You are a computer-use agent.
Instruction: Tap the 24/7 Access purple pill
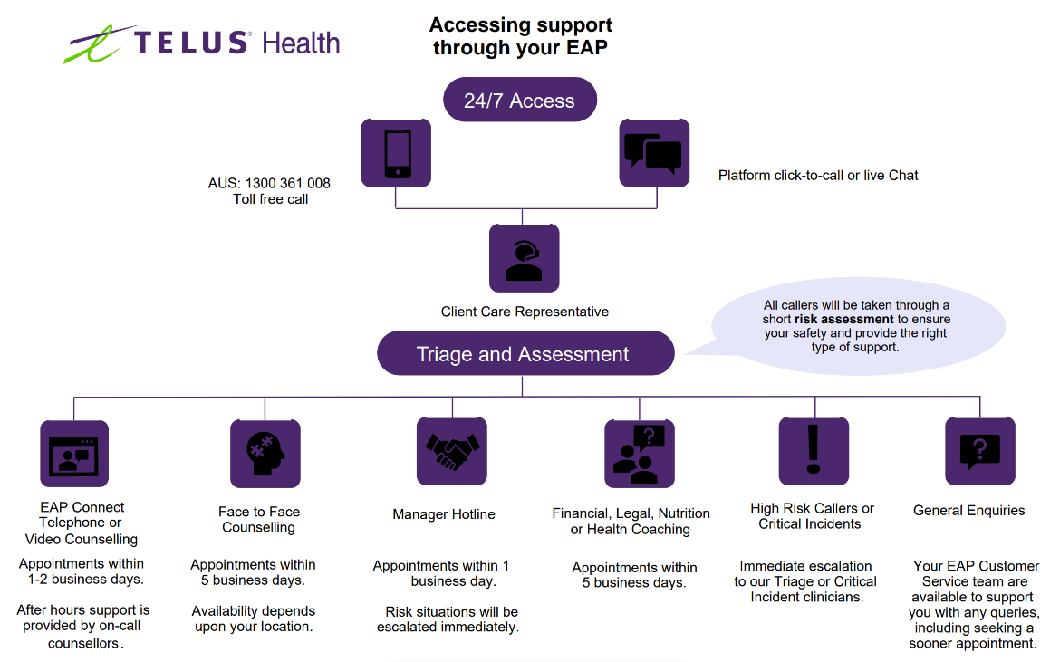point(519,100)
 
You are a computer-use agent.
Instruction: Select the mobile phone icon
point(396,153)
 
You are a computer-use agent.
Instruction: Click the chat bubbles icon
point(654,153)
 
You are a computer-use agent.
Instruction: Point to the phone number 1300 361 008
point(287,183)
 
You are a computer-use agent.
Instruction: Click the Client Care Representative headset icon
point(524,258)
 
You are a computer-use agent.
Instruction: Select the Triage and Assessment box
point(525,353)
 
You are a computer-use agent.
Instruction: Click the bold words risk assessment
point(843,319)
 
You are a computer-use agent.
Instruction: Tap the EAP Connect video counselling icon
point(74,454)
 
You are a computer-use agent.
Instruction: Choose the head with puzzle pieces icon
point(265,454)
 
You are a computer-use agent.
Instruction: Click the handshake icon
point(452,451)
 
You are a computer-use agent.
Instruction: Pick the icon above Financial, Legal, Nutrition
point(640,454)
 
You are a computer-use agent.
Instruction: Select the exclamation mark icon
point(814,451)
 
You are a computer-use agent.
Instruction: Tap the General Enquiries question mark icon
point(979,451)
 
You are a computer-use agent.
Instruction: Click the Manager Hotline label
point(444,514)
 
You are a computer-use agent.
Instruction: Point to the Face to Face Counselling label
point(259,519)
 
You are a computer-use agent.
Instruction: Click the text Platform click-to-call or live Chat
point(818,176)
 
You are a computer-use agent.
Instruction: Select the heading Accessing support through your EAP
point(520,35)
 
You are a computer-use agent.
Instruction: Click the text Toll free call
point(271,199)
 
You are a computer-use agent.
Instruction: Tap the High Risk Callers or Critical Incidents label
point(812,516)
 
